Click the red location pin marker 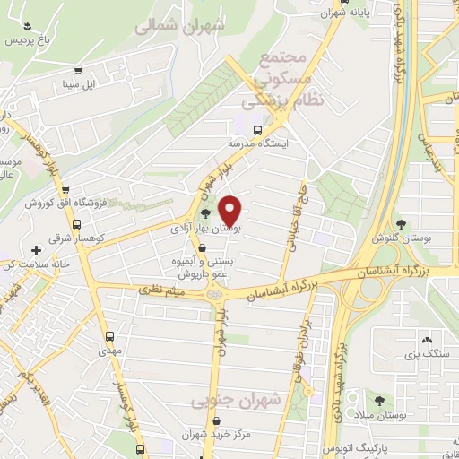tap(231, 210)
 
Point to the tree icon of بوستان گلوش tap(400, 225)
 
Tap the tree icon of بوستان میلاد tap(382, 400)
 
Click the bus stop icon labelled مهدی tap(110, 338)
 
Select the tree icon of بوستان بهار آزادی tap(207, 213)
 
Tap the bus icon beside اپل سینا tap(79, 72)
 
